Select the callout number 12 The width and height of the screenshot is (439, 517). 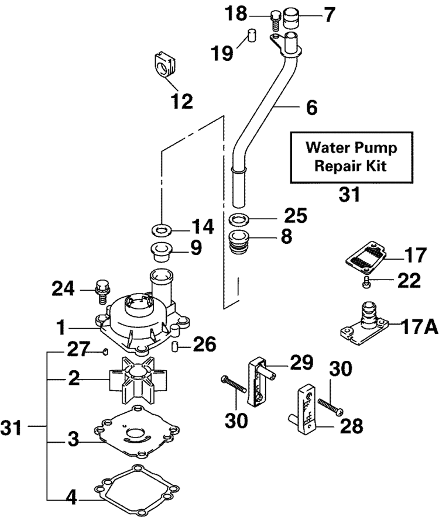182,102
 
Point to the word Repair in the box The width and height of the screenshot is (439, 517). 335,166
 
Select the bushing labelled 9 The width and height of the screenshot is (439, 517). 162,249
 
